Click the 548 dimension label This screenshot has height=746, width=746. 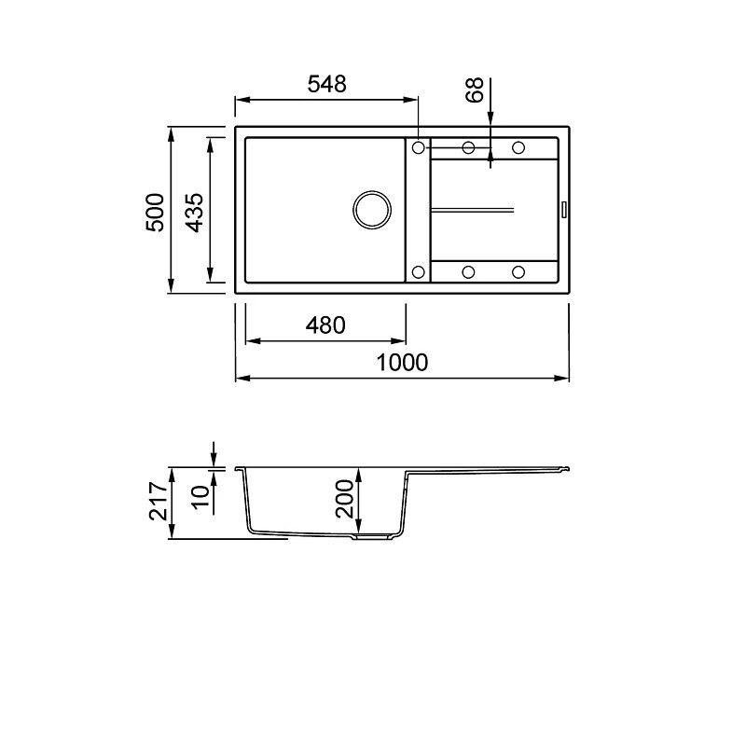tap(327, 84)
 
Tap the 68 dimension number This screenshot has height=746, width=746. tap(475, 90)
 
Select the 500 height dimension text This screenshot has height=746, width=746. tap(155, 213)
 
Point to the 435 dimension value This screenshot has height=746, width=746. tap(194, 213)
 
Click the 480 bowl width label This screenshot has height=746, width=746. tap(325, 325)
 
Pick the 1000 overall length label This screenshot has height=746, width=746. tap(402, 363)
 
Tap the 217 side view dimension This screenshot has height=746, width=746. tap(159, 501)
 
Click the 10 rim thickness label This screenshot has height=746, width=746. tap(200, 497)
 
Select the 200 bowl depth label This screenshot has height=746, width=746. tap(345, 499)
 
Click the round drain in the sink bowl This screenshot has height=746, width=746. tap(372, 210)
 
